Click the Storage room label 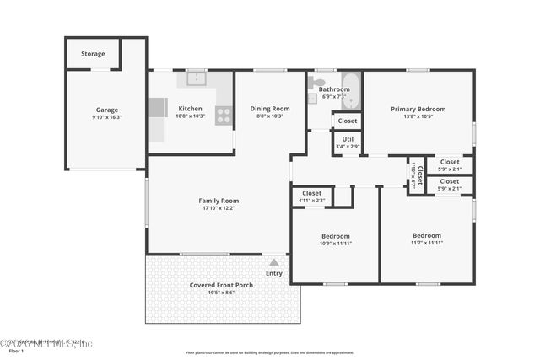point(93,54)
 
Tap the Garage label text point(106,109)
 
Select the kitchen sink point(196,80)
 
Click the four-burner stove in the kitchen point(224,116)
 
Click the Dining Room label point(270,109)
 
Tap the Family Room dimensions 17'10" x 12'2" point(219,208)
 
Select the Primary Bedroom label point(418,109)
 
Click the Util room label point(348,139)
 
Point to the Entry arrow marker point(273,262)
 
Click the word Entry point(274,273)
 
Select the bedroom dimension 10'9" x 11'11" point(335,244)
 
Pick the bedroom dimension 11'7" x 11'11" point(426,243)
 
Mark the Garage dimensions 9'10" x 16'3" point(106,117)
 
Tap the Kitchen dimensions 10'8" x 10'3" point(191,116)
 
